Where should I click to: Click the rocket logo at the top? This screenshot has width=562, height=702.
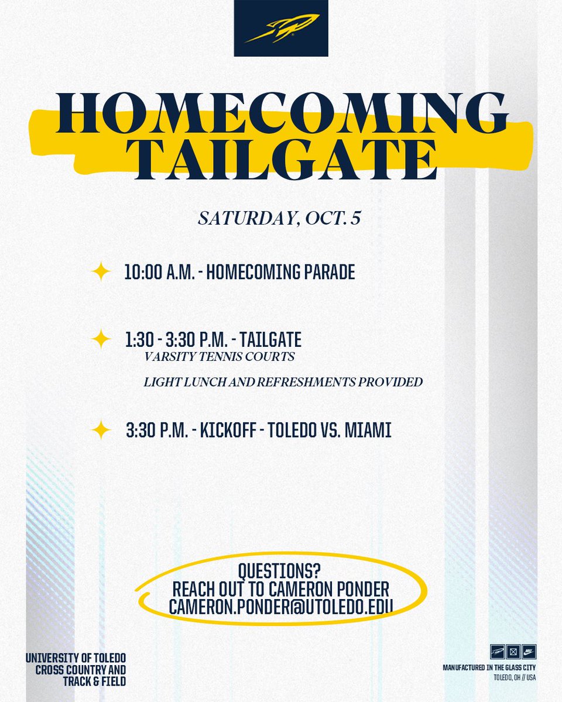point(280,28)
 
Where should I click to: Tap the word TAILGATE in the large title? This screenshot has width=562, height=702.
point(281,159)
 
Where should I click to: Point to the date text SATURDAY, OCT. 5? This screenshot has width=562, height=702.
point(280,219)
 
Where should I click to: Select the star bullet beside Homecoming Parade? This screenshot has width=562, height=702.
point(101,272)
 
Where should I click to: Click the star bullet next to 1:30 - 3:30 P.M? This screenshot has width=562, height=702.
point(101,339)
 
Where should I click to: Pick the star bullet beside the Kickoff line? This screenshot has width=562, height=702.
point(101,431)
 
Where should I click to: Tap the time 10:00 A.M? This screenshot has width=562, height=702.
point(159,273)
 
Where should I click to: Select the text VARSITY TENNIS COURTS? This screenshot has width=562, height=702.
point(220,356)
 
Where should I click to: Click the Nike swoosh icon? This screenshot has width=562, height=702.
point(529,651)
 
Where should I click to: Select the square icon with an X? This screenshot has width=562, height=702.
point(513,651)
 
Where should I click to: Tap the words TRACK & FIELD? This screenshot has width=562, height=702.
point(92,682)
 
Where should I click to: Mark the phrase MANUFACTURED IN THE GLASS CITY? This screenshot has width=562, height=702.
point(489,667)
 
